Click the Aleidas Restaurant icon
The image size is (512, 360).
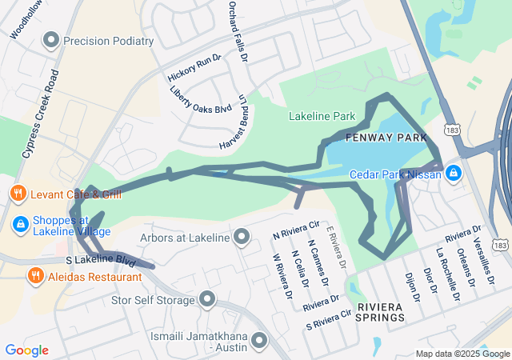(x=35, y=277)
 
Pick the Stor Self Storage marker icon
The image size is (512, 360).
(x=207, y=300)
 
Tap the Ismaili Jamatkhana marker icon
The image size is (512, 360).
(x=258, y=342)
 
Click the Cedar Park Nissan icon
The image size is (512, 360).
(x=453, y=173)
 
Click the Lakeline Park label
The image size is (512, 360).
(x=322, y=117)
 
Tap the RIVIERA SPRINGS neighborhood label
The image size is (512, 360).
(x=381, y=313)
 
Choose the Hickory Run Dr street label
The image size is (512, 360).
(x=193, y=68)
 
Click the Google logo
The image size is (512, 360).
(x=26, y=350)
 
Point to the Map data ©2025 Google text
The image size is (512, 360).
(x=462, y=354)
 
